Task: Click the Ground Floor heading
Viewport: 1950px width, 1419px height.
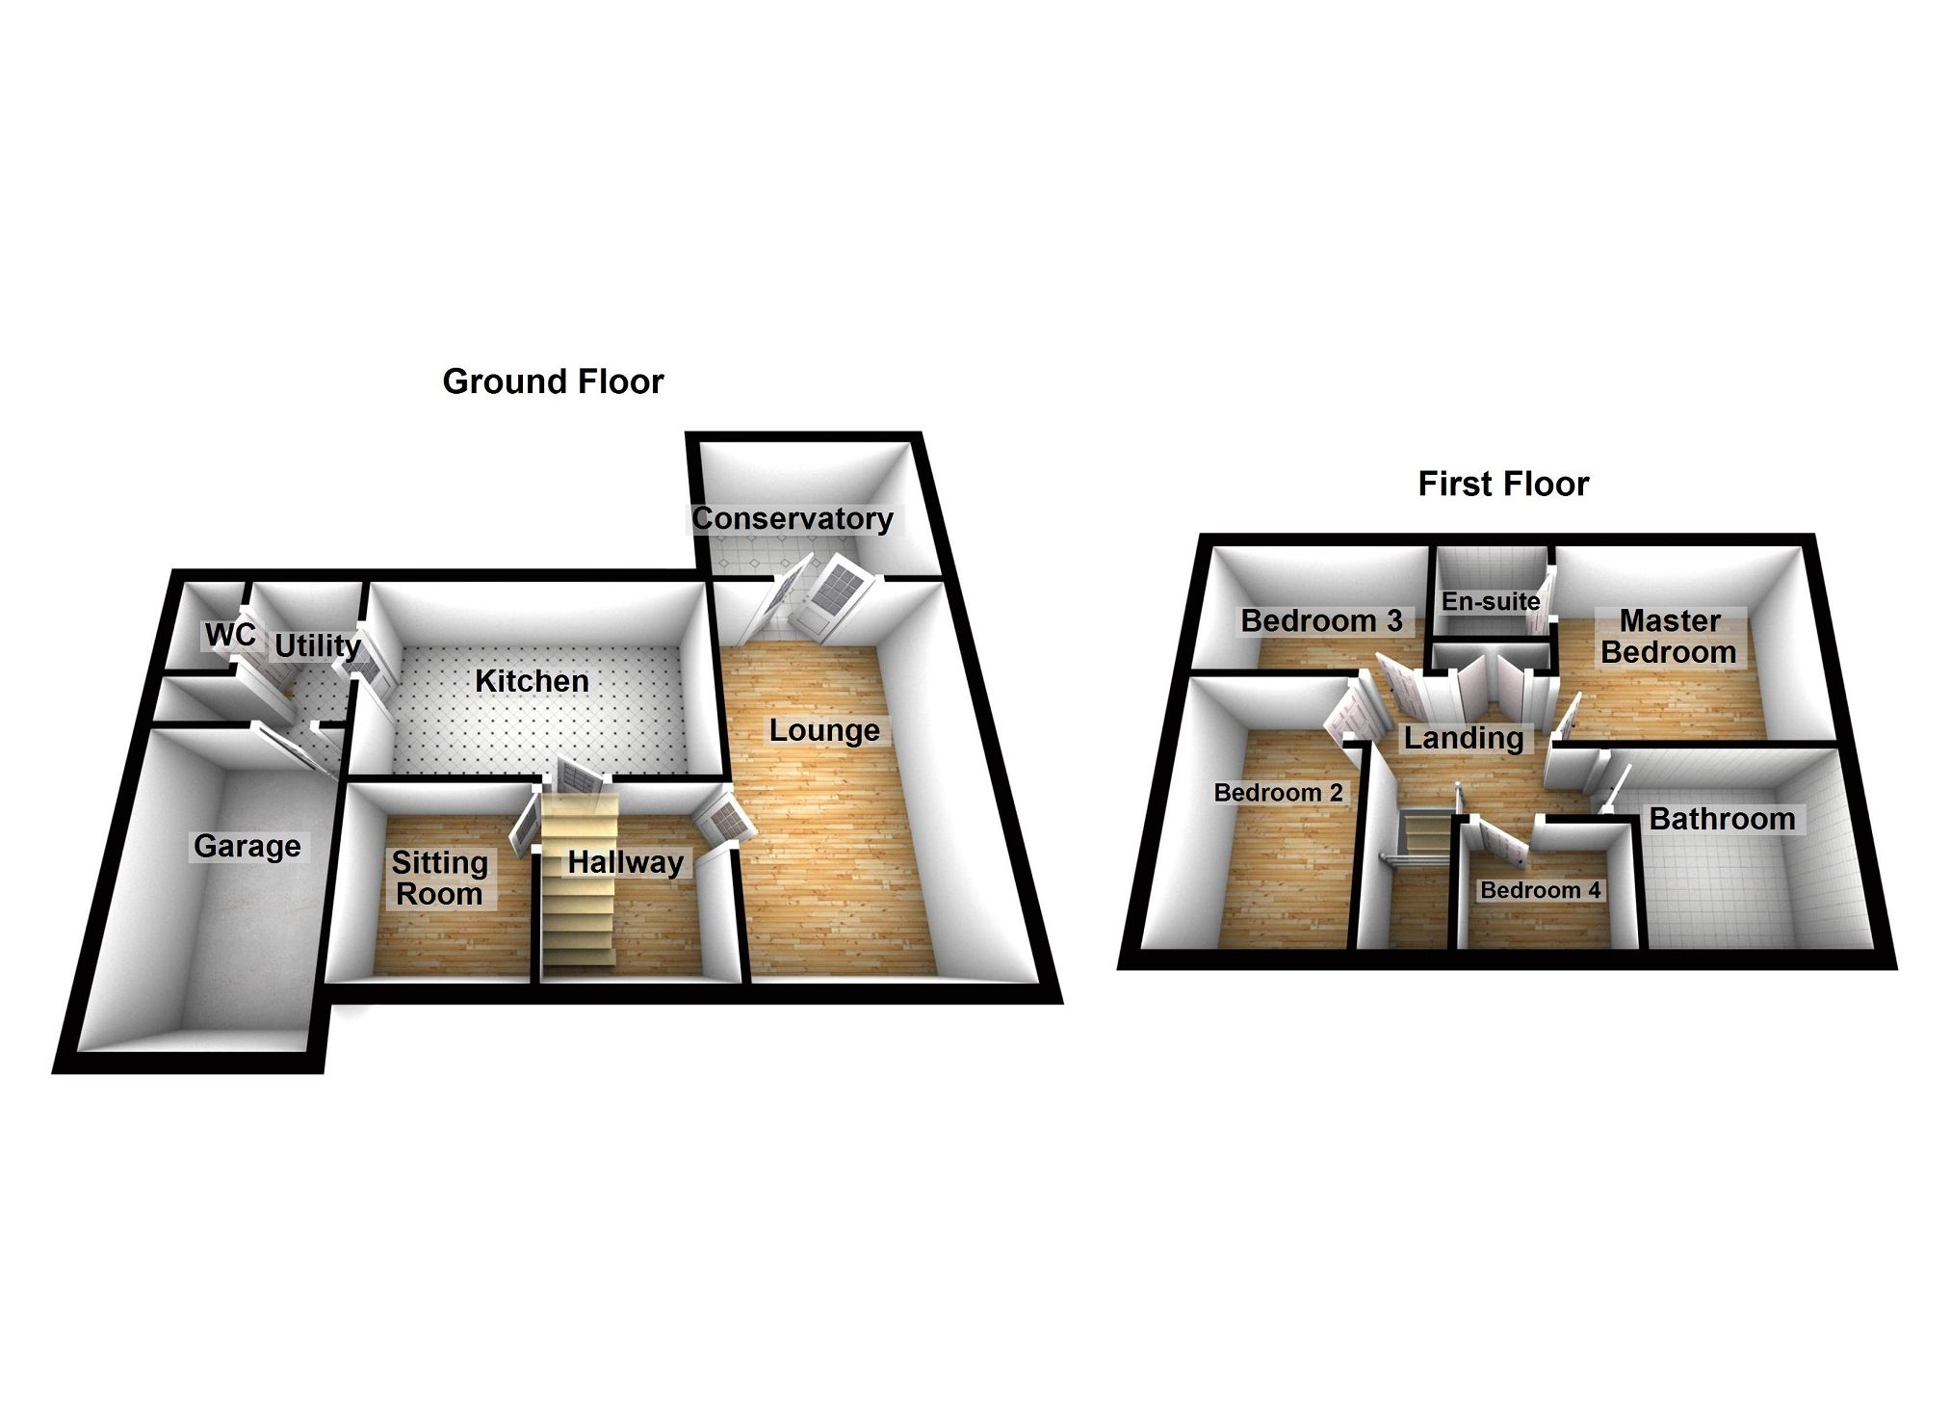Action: (553, 381)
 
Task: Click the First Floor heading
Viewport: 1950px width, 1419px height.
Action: (1502, 484)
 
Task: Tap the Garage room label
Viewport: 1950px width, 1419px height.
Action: (247, 846)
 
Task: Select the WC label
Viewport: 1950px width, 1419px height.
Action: (230, 635)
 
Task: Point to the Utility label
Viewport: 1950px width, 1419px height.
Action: (317, 645)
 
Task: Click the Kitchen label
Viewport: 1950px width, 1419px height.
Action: (532, 681)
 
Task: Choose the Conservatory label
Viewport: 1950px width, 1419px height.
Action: (793, 518)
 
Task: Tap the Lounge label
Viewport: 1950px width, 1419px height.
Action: (823, 730)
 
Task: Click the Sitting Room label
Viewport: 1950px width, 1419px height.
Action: (439, 878)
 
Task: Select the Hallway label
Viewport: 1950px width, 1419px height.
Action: (625, 861)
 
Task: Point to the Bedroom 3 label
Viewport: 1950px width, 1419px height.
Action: (1321, 620)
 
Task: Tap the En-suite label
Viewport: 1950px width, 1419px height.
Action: (1490, 601)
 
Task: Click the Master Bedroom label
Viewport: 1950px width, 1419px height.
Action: (1669, 636)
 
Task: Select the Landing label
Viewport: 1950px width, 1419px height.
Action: (1463, 738)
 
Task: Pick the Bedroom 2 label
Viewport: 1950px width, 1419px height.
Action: (1278, 793)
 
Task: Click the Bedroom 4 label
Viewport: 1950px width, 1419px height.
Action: (1540, 890)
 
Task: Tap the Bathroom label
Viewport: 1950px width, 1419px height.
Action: (1722, 819)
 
